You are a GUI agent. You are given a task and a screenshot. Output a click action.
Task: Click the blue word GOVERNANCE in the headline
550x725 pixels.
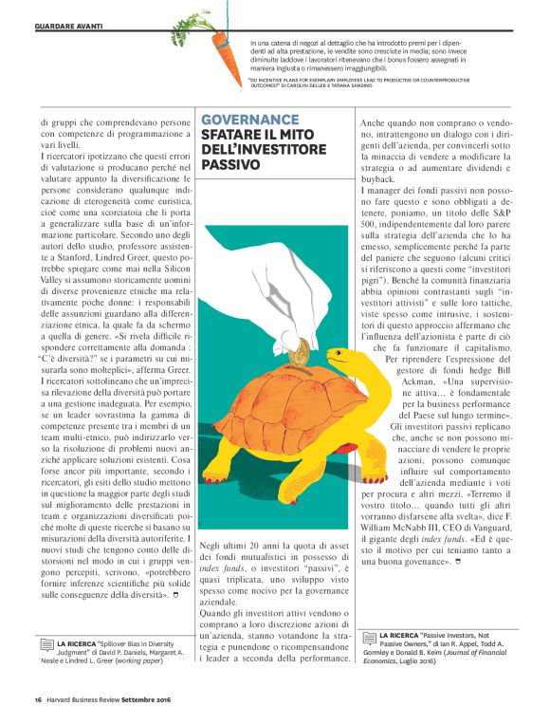click(x=249, y=120)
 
